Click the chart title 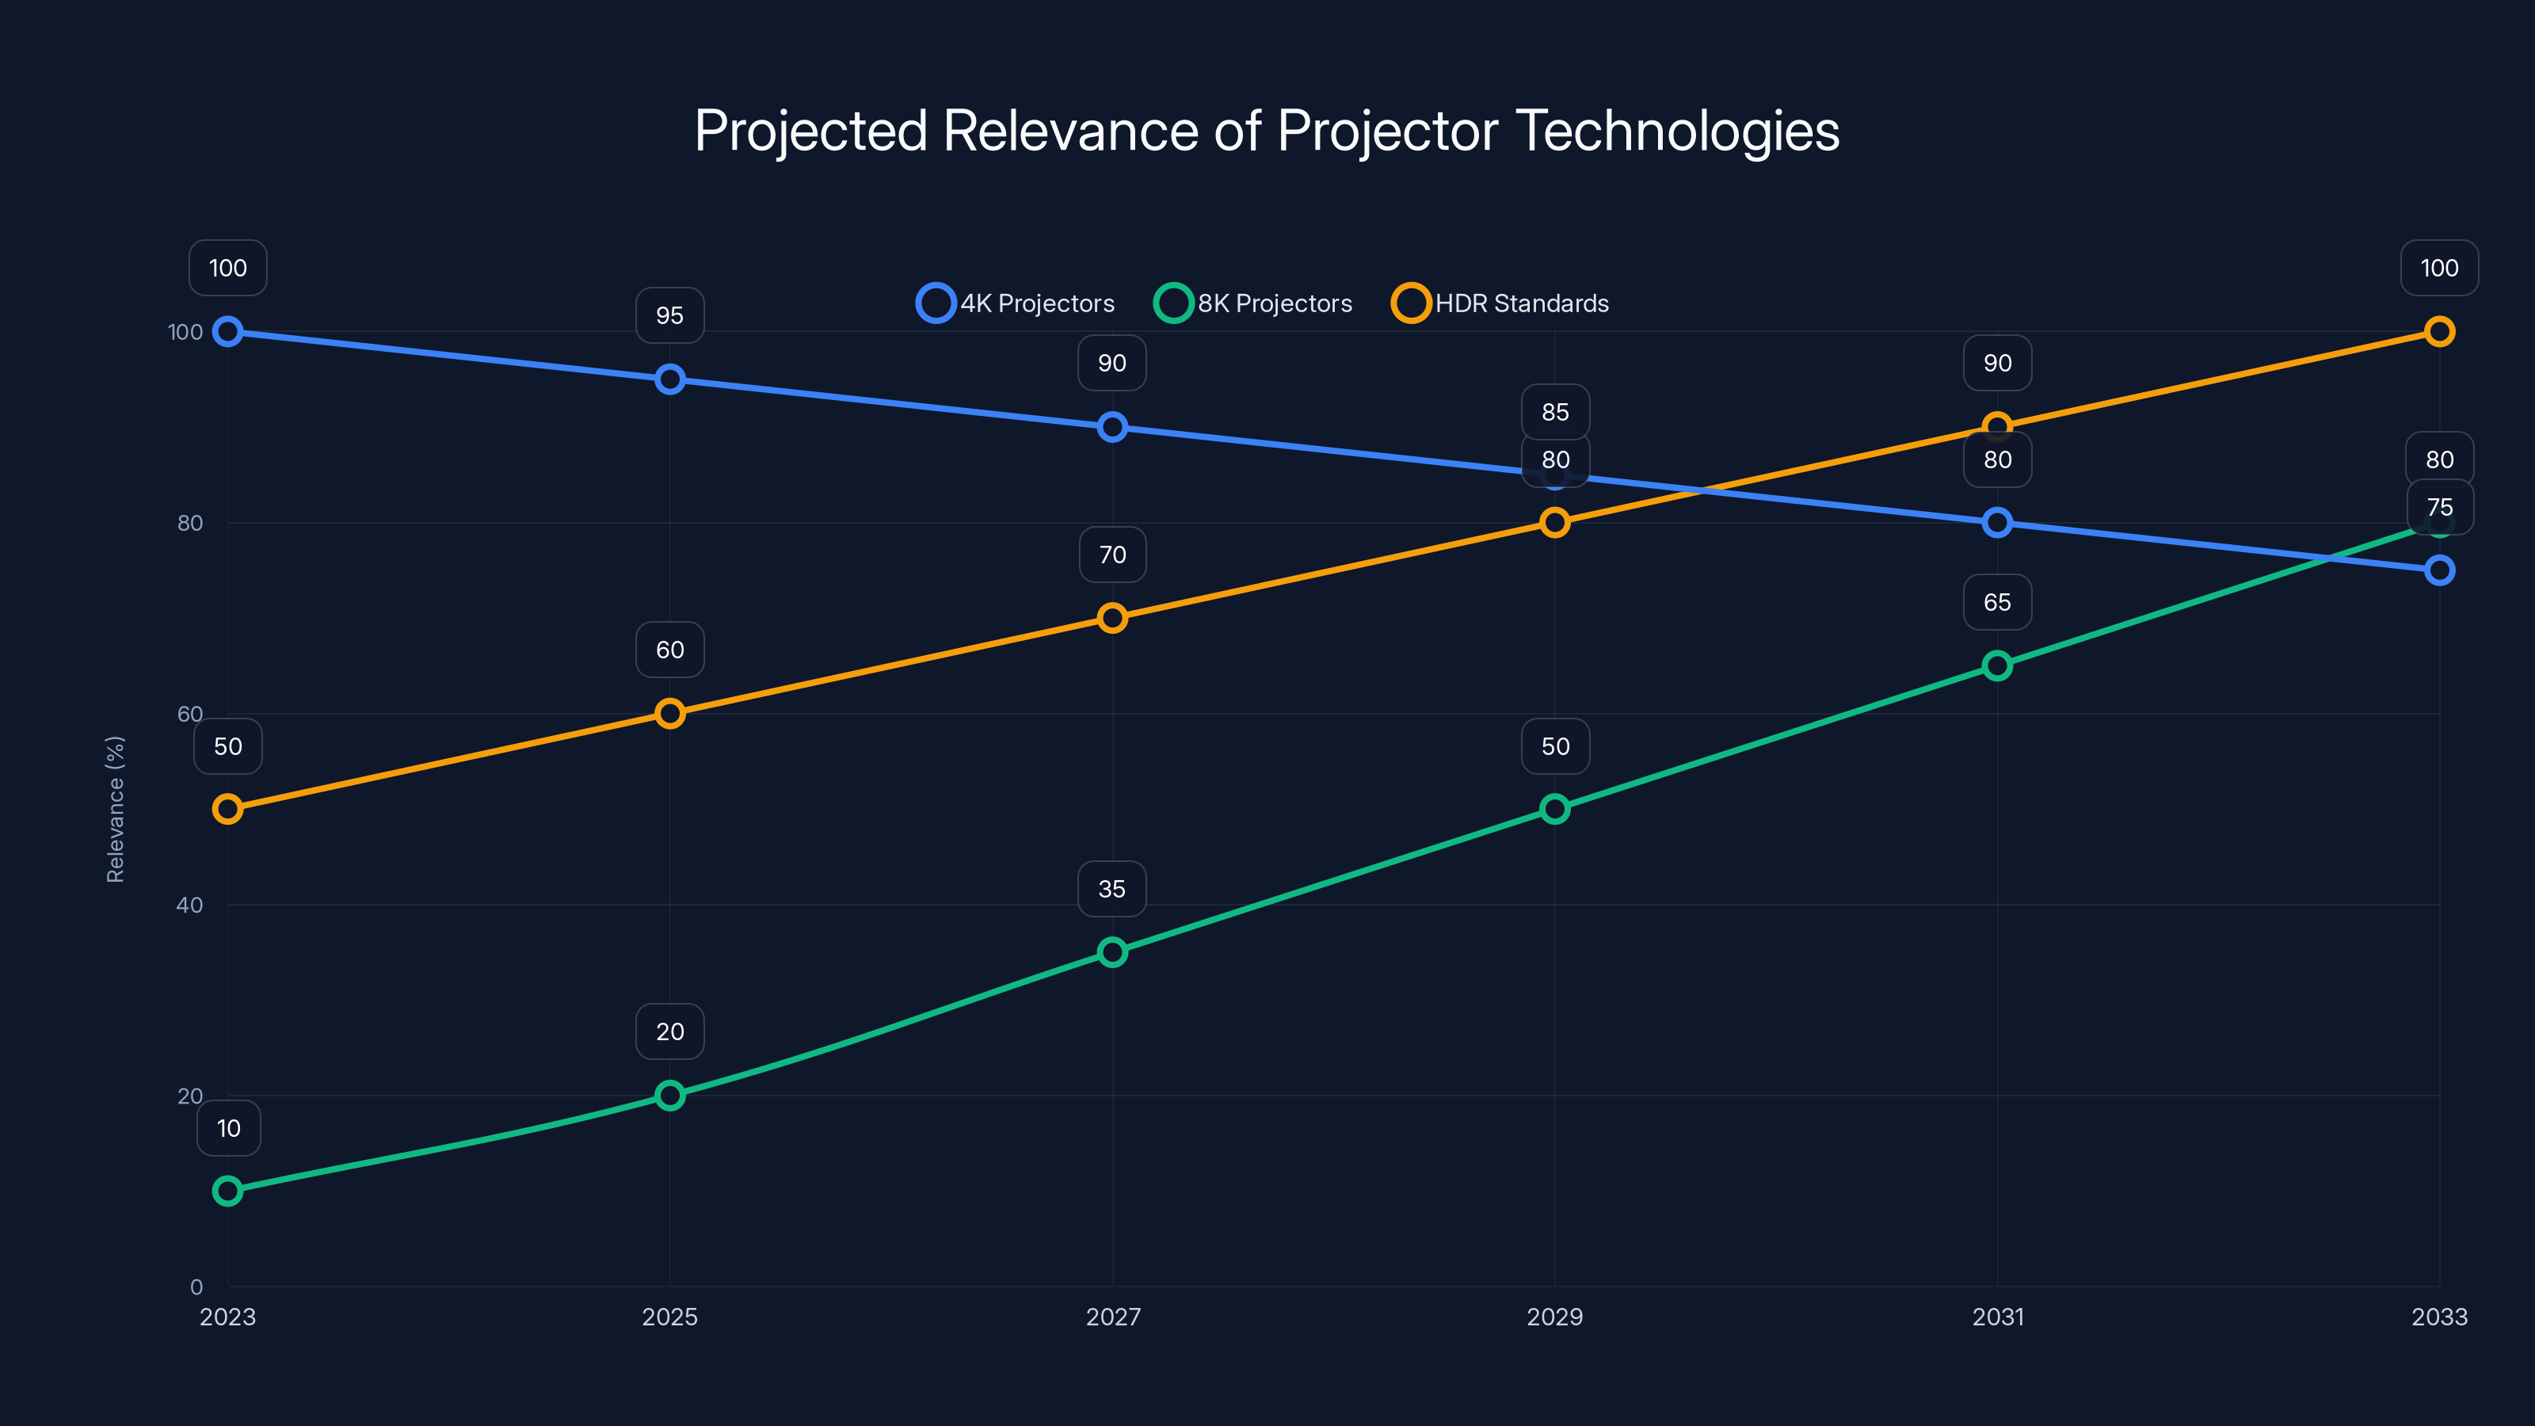1267,130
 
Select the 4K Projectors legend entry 1016,303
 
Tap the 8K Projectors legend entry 1254,303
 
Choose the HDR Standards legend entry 1500,303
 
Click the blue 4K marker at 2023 227,332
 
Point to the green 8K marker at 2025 669,1096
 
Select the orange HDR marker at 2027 1112,618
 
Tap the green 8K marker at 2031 1996,666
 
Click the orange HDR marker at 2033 2438,332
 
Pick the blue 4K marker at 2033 2438,570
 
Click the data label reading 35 1112,889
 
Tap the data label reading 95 669,315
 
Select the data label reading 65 1996,602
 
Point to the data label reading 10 228,1128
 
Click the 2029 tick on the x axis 1553,1317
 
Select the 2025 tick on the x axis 669,1317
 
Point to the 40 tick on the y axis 189,905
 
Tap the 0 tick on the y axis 196,1287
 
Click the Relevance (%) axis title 115,809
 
